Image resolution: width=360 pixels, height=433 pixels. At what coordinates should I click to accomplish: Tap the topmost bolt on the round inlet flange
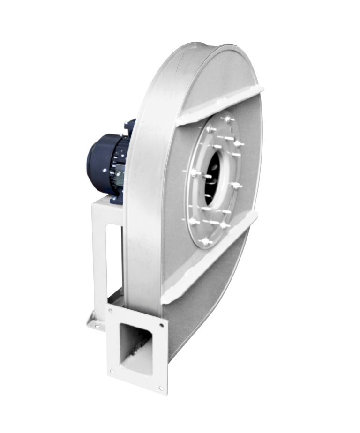click(227, 120)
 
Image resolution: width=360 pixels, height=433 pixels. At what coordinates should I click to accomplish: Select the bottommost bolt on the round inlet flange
click(204, 243)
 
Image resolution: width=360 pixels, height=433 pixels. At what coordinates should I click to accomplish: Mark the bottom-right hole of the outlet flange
click(161, 388)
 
